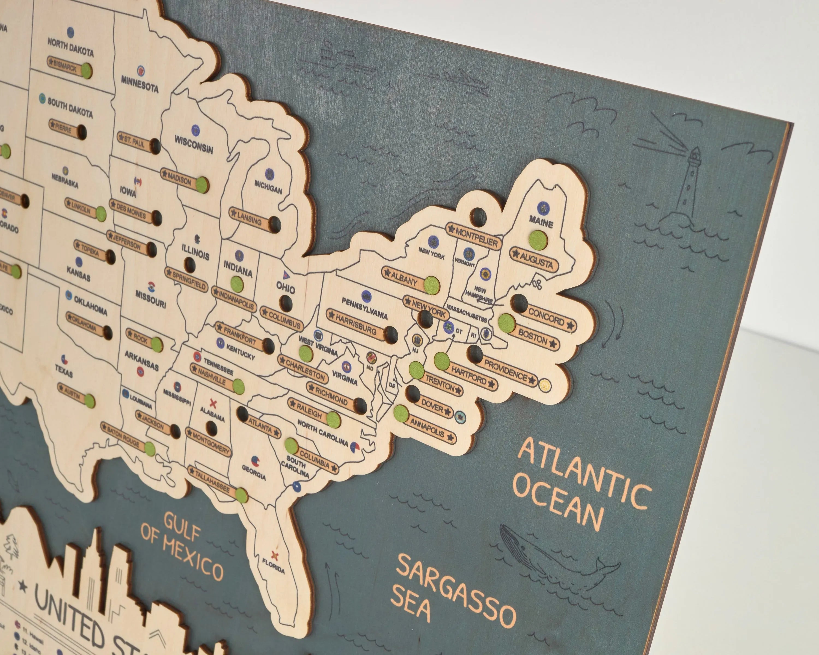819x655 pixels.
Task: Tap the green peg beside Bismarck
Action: pyautogui.click(x=87, y=71)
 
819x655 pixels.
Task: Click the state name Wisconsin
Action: pyautogui.click(x=194, y=145)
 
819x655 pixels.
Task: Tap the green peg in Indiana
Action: pyautogui.click(x=237, y=284)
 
